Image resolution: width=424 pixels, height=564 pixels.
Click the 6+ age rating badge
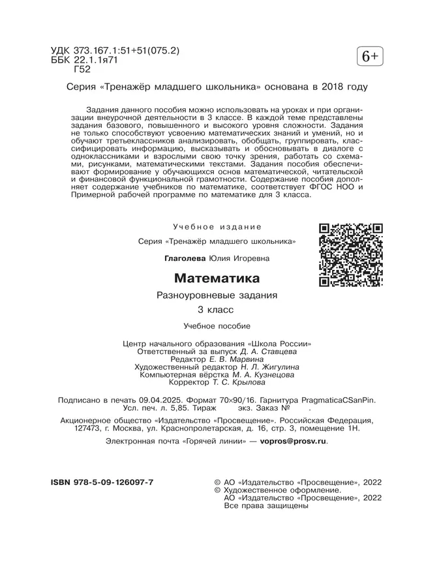[x=369, y=57]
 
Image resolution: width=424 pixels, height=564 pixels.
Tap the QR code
[x=350, y=255]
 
